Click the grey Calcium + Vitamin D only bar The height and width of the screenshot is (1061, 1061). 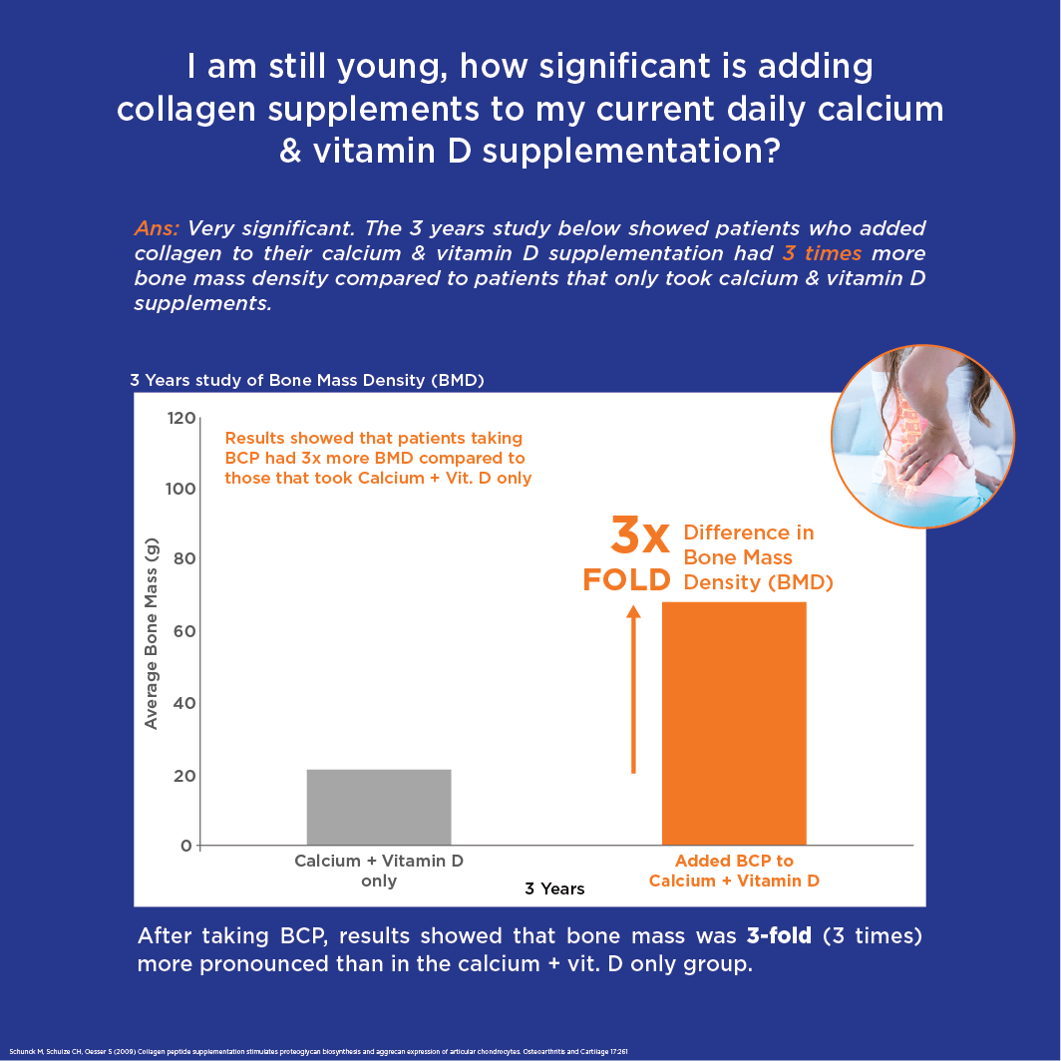pyautogui.click(x=379, y=807)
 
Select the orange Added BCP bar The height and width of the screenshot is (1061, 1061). pyautogui.click(x=734, y=723)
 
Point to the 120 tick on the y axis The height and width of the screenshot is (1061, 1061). pyautogui.click(x=180, y=418)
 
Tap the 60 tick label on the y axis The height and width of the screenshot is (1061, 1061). pyautogui.click(x=180, y=631)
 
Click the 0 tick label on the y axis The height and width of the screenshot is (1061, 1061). pyautogui.click(x=185, y=846)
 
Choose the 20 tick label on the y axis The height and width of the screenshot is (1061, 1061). pyautogui.click(x=180, y=775)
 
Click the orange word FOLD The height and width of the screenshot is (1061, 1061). pyautogui.click(x=626, y=580)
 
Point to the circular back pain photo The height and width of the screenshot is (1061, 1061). pyautogui.click(x=922, y=436)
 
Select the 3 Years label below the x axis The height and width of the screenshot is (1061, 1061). pyautogui.click(x=554, y=888)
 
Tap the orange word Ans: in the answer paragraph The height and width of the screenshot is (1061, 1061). pyautogui.click(x=158, y=228)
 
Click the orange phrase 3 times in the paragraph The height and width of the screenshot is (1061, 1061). pyautogui.click(x=822, y=252)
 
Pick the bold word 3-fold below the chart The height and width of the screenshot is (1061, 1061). pyautogui.click(x=779, y=936)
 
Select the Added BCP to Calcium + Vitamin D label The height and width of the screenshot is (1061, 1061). pyautogui.click(x=734, y=871)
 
